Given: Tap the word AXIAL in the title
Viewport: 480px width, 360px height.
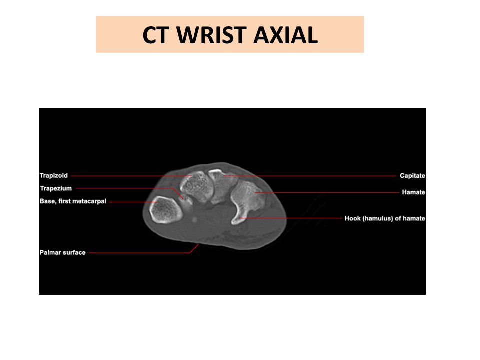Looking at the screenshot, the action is pos(286,35).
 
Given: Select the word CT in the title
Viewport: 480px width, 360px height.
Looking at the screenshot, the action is pos(156,35).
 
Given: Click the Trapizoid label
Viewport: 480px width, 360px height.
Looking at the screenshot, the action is pos(54,175).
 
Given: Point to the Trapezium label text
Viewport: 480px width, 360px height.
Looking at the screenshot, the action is pos(56,188).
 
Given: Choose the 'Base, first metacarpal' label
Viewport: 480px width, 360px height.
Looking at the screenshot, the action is pos(73,201).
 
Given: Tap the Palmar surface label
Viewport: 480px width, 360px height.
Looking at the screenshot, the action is pos(63,252).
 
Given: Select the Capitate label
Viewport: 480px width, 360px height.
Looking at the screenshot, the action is pos(412,175).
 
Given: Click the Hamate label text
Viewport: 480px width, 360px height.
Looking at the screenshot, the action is pos(413,192).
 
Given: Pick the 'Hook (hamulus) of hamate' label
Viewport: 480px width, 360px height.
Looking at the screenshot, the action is pos(385,218).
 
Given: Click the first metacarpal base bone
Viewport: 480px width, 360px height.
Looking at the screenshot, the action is pos(166,209).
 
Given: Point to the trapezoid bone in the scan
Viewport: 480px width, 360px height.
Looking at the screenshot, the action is pos(196,186).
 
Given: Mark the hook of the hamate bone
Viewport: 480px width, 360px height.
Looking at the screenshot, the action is pos(239,216).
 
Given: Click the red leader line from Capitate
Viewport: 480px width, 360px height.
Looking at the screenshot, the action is pos(309,176).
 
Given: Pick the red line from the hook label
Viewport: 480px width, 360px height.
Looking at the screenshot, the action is pos(291,218).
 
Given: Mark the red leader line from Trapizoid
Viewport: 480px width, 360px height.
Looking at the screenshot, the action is pos(131,176).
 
